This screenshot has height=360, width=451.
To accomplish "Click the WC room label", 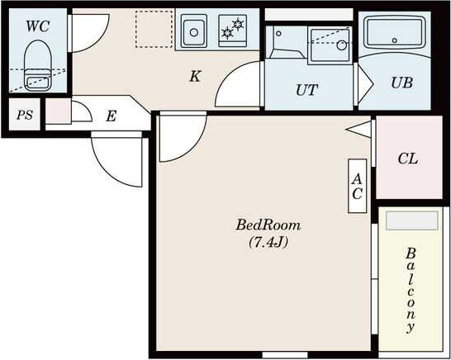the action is coord(38,26).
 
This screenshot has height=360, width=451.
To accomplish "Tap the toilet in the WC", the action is coord(38,65).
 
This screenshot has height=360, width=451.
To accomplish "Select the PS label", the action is coord(25,115).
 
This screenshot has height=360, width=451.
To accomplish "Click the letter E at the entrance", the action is coord(111,116).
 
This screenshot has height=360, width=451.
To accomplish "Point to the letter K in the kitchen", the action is coord(195,76).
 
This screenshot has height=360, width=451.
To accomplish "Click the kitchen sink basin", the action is coord(194,31).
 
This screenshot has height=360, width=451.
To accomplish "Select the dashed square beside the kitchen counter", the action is coord(154,29).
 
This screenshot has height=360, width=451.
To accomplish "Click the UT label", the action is coord(307,90).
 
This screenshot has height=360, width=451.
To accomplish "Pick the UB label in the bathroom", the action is coord(401,83).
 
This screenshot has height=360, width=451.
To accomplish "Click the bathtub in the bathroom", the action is coord(395,32).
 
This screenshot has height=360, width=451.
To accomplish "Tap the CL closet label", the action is coord(408,159).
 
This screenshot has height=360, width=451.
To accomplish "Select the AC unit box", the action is coord(357,186).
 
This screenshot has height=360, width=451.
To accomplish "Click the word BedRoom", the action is coord(268,225).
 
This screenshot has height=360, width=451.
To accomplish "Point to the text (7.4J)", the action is coord(268,243).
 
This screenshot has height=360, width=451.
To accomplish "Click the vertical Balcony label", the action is coord(411,291).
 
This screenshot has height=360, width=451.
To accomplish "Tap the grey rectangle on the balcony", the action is coord(412,220).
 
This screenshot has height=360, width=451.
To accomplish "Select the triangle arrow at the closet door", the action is coord(358,130).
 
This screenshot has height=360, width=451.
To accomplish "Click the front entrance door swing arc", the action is coord(112,168).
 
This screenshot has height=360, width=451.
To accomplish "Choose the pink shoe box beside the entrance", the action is coord(59,111).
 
